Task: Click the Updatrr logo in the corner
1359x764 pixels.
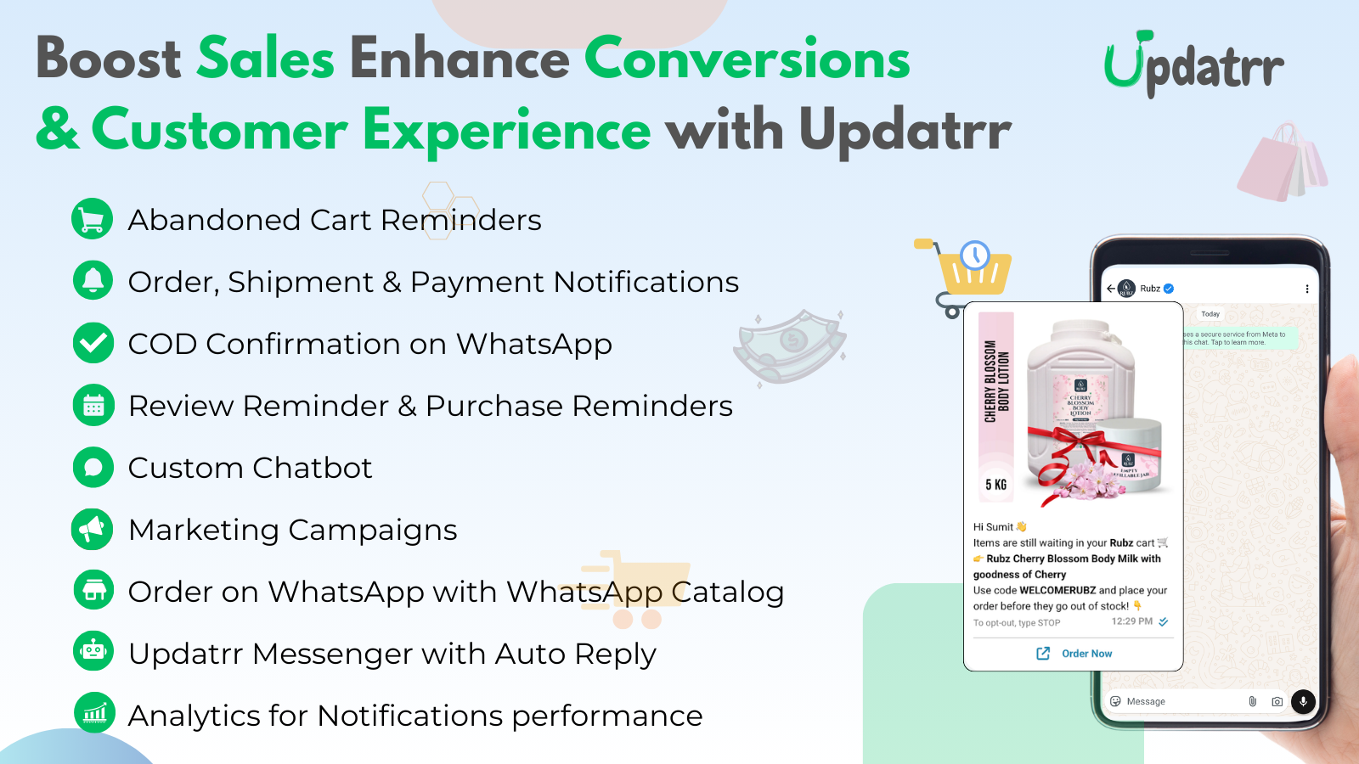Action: pyautogui.click(x=1193, y=65)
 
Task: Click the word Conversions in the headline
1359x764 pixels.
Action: pyautogui.click(x=747, y=59)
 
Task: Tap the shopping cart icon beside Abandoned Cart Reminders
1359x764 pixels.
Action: pyautogui.click(x=93, y=219)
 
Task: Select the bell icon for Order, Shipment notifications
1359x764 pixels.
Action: pyautogui.click(x=93, y=281)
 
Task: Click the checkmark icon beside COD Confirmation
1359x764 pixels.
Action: pyautogui.click(x=93, y=343)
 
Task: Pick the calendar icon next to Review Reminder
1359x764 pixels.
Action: pyautogui.click(x=93, y=405)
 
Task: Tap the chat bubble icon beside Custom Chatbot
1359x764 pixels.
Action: pyautogui.click(x=93, y=467)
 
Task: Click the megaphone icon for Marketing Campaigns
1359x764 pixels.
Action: pyautogui.click(x=93, y=529)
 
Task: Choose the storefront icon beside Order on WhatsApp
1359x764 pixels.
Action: pyautogui.click(x=93, y=591)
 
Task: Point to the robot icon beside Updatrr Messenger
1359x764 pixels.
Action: pyautogui.click(x=93, y=652)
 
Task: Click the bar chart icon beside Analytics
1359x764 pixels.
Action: pyautogui.click(x=94, y=713)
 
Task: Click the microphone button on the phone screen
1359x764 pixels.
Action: pyautogui.click(x=1303, y=701)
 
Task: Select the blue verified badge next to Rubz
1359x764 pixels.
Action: pyautogui.click(x=1169, y=289)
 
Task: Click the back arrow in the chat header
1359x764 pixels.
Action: pyautogui.click(x=1110, y=289)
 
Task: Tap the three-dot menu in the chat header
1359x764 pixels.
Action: pyautogui.click(x=1306, y=289)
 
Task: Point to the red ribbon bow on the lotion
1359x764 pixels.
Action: pyautogui.click(x=1067, y=449)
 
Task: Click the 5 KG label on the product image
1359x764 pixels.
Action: pyautogui.click(x=995, y=485)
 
